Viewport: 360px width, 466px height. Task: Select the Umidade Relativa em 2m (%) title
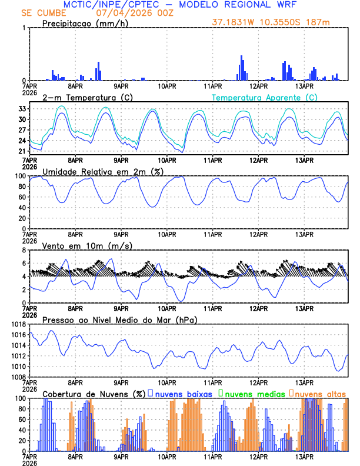(x=103, y=171)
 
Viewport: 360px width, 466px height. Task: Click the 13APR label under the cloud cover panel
(x=304, y=457)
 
